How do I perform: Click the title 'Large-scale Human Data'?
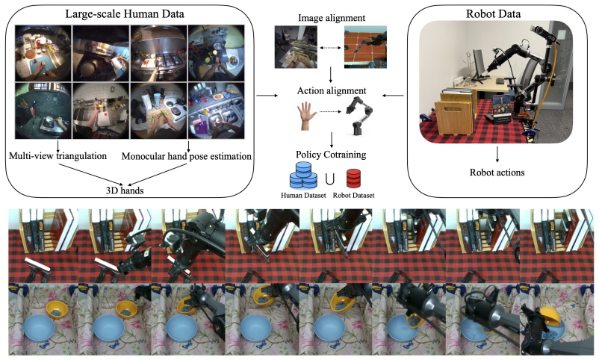click(x=125, y=14)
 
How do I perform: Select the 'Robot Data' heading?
click(x=493, y=14)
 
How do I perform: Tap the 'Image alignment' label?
click(x=331, y=18)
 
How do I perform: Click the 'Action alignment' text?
click(x=331, y=90)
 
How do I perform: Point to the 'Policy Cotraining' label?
click(x=331, y=155)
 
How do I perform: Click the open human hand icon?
click(x=307, y=116)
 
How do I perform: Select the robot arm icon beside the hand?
click(x=359, y=116)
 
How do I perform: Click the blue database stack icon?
click(x=303, y=176)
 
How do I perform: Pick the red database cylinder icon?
click(x=353, y=178)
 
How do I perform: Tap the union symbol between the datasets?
click(x=329, y=179)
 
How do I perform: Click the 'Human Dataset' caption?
click(x=303, y=195)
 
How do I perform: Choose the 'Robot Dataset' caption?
click(x=353, y=195)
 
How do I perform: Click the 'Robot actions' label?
click(x=497, y=173)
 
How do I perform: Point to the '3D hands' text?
click(x=125, y=190)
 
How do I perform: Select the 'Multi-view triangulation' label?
click(x=58, y=156)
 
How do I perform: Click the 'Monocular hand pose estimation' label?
click(x=187, y=156)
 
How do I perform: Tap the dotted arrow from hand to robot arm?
click(x=330, y=111)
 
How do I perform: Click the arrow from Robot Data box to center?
click(x=394, y=95)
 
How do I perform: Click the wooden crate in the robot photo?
click(x=454, y=113)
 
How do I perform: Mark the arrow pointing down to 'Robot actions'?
click(x=497, y=155)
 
